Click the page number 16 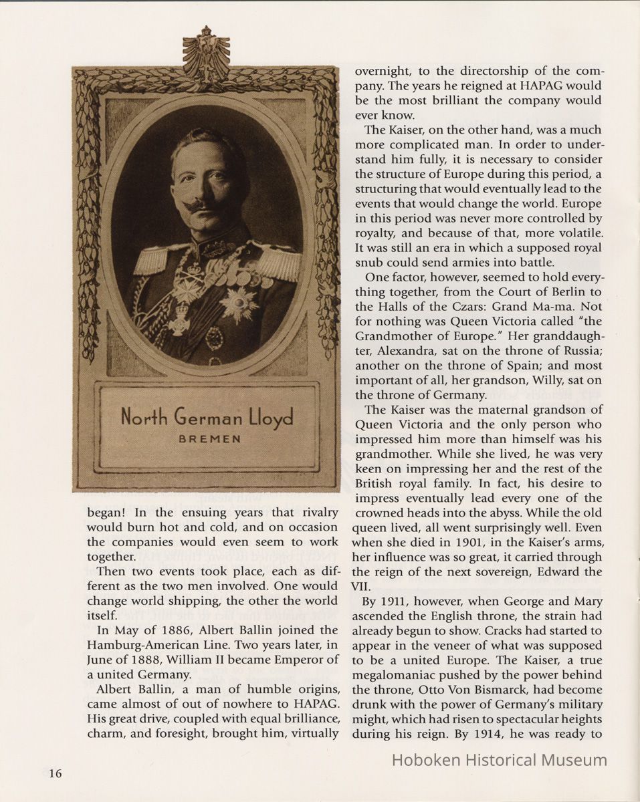pyautogui.click(x=55, y=774)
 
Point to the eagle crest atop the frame pyautogui.click(x=206, y=53)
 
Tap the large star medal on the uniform pyautogui.click(x=238, y=303)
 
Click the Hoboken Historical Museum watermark pyautogui.click(x=499, y=760)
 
